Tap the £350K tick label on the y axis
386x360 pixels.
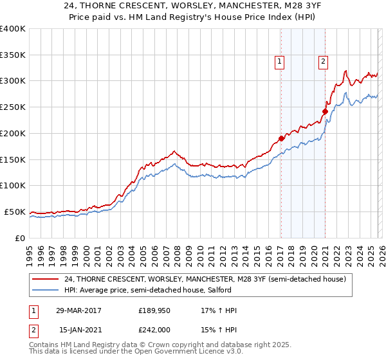[12, 55]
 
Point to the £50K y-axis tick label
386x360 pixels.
[15, 212]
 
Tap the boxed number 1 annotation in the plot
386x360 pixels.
[280, 62]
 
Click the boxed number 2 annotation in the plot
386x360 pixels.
[322, 62]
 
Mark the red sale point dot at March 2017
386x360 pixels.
[281, 138]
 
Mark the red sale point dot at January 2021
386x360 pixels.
[325, 111]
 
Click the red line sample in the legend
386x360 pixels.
[46, 279]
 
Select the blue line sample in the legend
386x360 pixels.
[46, 291]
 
